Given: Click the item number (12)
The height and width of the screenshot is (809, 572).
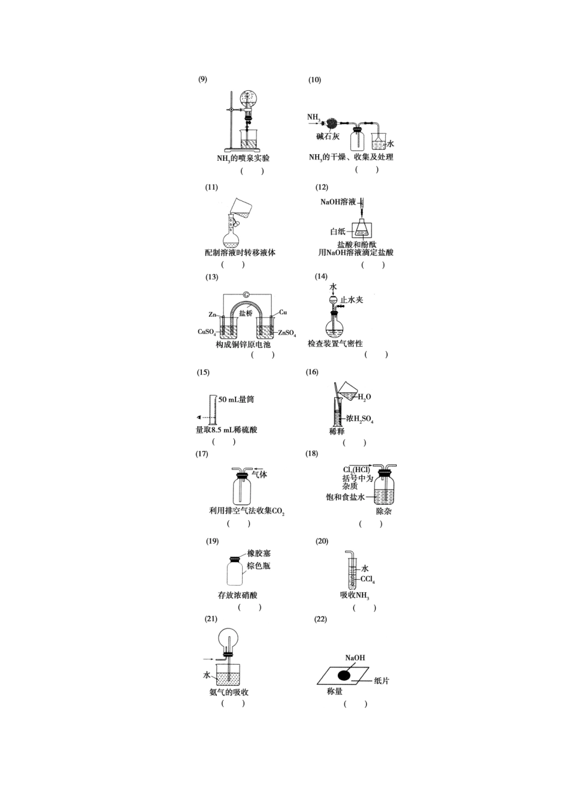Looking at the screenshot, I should click(322, 187).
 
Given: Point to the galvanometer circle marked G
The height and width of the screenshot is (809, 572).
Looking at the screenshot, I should click(246, 294).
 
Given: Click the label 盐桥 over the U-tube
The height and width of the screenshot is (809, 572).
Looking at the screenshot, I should click(246, 313).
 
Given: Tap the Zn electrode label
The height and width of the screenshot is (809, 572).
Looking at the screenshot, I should click(212, 314).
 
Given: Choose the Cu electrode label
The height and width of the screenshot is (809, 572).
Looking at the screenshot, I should click(283, 312).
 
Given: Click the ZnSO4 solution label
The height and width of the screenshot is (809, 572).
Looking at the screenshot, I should click(287, 333).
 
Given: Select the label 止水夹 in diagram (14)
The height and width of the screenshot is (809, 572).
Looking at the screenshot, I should click(352, 300).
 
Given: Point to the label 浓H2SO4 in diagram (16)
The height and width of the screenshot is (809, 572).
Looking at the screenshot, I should click(359, 418).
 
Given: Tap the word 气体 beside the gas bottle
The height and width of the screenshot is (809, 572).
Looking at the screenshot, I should click(260, 474).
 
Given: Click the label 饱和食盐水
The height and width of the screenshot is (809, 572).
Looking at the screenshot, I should click(345, 497).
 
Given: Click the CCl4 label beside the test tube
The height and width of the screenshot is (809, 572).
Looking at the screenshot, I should click(368, 580).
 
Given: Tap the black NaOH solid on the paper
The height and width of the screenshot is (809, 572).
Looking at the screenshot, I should click(344, 675).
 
